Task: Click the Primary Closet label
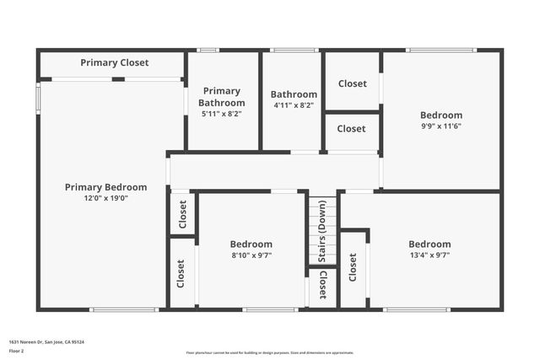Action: [115, 63]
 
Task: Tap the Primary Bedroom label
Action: [106, 187]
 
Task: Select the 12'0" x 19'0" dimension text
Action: [106, 199]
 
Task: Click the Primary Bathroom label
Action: [222, 97]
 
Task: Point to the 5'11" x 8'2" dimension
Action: [222, 114]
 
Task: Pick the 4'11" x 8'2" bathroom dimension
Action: [294, 105]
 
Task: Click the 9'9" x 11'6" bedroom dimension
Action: [441, 126]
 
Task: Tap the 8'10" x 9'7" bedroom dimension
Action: [251, 255]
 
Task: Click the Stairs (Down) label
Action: [321, 243]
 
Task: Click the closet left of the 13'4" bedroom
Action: [353, 268]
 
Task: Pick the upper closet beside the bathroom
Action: [352, 83]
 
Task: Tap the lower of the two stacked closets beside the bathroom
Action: [352, 129]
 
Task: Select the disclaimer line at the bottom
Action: [269, 353]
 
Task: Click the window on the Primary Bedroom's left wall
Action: [38, 95]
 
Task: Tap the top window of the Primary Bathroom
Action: [208, 51]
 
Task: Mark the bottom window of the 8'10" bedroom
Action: [268, 309]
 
